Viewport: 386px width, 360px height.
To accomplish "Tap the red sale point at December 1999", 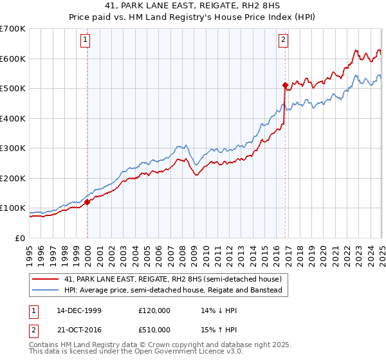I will pos(87,202).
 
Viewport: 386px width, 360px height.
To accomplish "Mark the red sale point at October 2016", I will pos(284,84).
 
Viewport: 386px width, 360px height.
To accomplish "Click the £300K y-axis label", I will pos(14,148).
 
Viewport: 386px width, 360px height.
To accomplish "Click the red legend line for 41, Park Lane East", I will pos(47,280).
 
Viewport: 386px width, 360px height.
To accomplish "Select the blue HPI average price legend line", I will pos(47,291).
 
